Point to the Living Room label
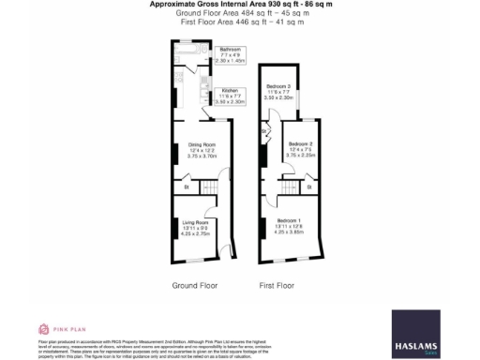click(x=194, y=222)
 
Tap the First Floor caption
click(x=277, y=284)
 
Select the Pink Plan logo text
click(x=66, y=330)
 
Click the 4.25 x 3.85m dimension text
click(x=289, y=231)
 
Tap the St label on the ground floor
click(x=186, y=188)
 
